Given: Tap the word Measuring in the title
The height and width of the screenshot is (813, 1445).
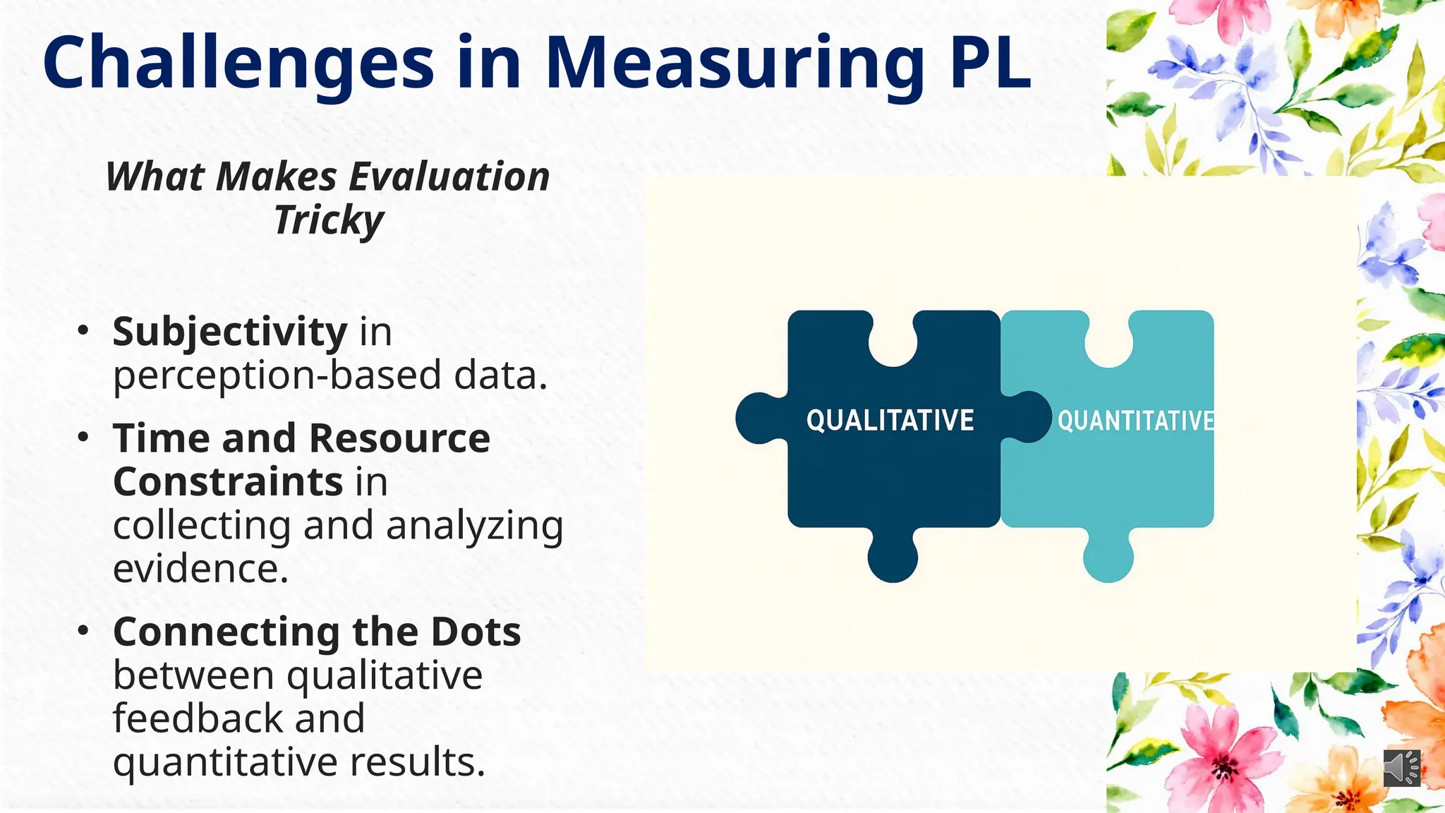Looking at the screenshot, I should pyautogui.click(x=734, y=64).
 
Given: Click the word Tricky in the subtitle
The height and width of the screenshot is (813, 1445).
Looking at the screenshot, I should pyautogui.click(x=328, y=221).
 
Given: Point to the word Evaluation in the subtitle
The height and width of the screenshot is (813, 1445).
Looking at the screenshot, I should pyautogui.click(x=449, y=176).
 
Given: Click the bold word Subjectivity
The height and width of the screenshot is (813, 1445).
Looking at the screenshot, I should pyautogui.click(x=229, y=331).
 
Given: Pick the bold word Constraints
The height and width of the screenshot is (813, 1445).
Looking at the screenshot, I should pyautogui.click(x=228, y=482).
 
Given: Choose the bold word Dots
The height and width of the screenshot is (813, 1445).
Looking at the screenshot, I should pyautogui.click(x=476, y=632).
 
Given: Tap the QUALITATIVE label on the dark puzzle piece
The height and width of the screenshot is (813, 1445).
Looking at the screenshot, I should pyautogui.click(x=890, y=421).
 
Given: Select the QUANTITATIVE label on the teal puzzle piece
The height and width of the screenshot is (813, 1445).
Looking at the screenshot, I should pyautogui.click(x=1135, y=421).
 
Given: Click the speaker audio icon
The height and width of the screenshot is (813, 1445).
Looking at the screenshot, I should pyautogui.click(x=1401, y=767).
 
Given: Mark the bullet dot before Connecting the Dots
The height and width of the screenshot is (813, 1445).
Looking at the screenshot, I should pyautogui.click(x=84, y=630).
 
